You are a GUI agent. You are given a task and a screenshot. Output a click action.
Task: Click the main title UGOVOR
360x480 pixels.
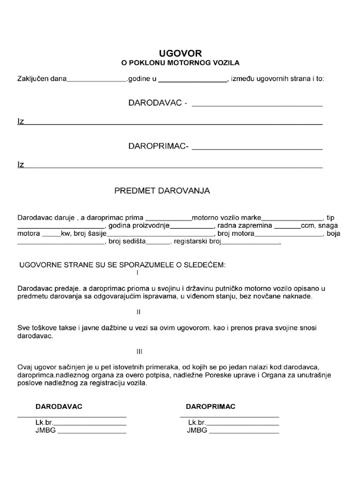[180, 53]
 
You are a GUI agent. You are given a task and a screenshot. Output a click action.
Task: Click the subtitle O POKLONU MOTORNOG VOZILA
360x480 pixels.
[180, 62]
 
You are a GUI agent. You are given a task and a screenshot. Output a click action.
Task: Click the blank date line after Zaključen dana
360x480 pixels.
[97, 80]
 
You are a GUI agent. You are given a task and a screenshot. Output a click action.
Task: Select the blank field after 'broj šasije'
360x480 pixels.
[160, 234]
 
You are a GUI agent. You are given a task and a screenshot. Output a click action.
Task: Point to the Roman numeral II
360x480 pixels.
[138, 312]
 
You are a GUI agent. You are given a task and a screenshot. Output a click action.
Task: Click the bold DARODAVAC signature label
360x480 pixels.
[59, 406]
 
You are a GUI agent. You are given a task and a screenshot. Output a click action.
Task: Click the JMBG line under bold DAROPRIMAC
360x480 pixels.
[244, 431]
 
